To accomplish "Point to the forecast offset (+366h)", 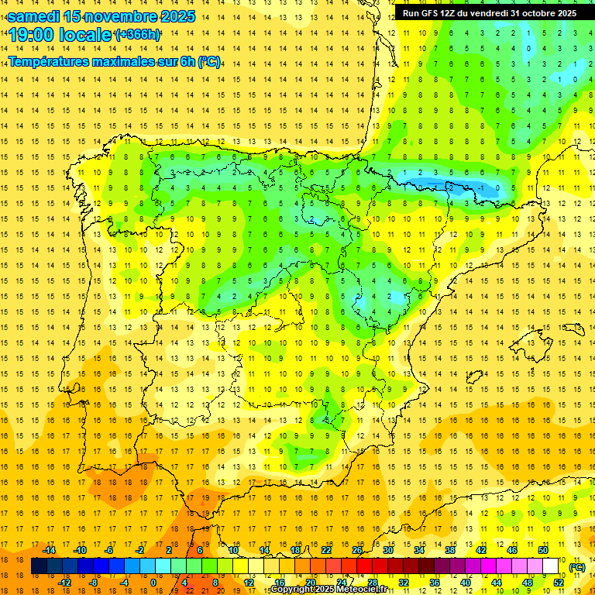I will click(x=138, y=35).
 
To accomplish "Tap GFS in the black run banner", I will click(x=432, y=13).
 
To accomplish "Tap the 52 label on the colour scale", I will click(x=559, y=583).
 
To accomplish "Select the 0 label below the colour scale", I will click(x=153, y=583).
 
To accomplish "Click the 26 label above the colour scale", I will click(x=357, y=550).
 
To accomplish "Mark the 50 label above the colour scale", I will click(x=543, y=550).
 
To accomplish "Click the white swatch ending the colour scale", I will click(x=550, y=566).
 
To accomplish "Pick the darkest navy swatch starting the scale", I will click(x=39, y=566).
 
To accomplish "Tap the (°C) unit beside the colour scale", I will click(x=577, y=567).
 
